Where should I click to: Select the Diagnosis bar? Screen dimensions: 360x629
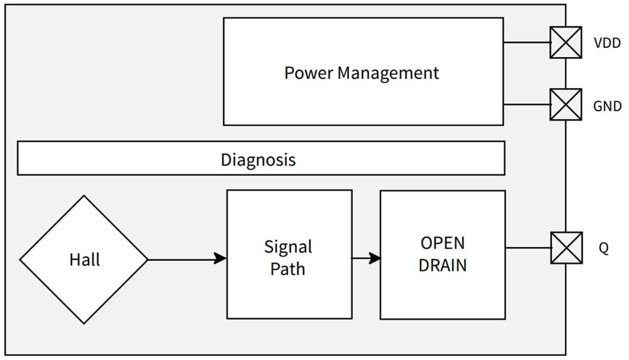pos(261,158)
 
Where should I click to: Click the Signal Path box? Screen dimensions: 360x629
pos(289,291)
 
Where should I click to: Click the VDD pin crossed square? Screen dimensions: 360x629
pos(566,43)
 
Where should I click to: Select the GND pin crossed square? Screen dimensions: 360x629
pos(566,105)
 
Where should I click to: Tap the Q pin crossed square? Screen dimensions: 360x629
pos(566,248)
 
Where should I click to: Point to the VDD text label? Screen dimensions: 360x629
pos(607,43)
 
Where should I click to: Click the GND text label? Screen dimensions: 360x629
pos(607,106)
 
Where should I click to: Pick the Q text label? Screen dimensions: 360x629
pos(604,249)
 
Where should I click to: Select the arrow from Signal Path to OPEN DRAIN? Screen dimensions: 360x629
pos(366,258)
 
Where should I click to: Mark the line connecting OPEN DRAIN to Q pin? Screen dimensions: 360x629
pos(528,248)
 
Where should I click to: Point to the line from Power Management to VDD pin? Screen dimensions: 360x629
pos(526,43)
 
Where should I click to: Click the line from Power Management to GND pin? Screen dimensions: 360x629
pos(526,105)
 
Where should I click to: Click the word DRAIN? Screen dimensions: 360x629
pos(443,265)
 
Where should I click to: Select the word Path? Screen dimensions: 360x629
pos(288,269)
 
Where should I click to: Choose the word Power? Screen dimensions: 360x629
pos(309,73)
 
